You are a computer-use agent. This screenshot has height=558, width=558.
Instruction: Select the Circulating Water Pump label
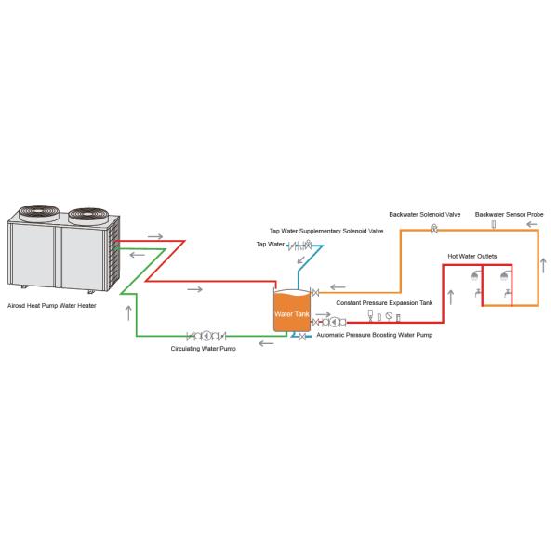[x=203, y=349]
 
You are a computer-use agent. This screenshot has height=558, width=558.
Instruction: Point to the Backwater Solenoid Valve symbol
[x=433, y=229]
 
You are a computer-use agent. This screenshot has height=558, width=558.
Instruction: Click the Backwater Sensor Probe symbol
[x=494, y=224]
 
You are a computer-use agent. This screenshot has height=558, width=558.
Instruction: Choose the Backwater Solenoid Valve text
[x=425, y=214]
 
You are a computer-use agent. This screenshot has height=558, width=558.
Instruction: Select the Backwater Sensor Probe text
[x=509, y=214]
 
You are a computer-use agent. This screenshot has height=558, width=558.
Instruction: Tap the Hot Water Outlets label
[x=471, y=255]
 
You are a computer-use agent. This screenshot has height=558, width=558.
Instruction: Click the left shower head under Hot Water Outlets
[x=475, y=275]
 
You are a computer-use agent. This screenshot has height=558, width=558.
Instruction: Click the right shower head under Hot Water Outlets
[x=504, y=275]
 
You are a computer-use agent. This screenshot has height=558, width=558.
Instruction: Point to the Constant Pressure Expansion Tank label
[x=383, y=303]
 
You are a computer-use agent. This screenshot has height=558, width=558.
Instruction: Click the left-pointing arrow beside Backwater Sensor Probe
[x=531, y=224]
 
